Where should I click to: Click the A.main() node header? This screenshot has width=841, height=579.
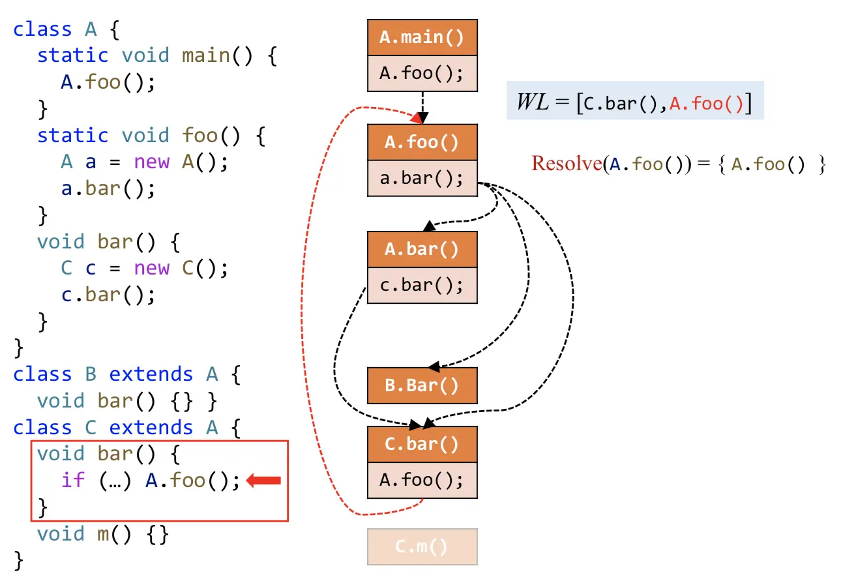click(x=422, y=37)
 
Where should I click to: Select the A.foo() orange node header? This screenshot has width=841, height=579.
click(x=422, y=142)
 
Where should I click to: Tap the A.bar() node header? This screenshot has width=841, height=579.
click(x=422, y=249)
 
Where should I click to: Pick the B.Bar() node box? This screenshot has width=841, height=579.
click(x=422, y=385)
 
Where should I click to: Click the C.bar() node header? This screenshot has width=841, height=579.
click(x=422, y=444)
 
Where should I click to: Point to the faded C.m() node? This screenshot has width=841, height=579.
click(x=422, y=546)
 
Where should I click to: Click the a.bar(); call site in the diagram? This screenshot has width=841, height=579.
click(x=422, y=178)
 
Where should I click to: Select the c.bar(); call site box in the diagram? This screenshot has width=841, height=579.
click(x=422, y=285)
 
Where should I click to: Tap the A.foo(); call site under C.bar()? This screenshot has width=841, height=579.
click(x=422, y=481)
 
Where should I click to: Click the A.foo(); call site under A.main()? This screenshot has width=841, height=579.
click(x=422, y=73)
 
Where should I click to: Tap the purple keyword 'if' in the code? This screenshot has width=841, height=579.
click(x=73, y=481)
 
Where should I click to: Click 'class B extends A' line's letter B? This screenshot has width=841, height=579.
click(x=91, y=374)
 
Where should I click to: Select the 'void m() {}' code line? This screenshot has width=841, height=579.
click(x=103, y=534)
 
